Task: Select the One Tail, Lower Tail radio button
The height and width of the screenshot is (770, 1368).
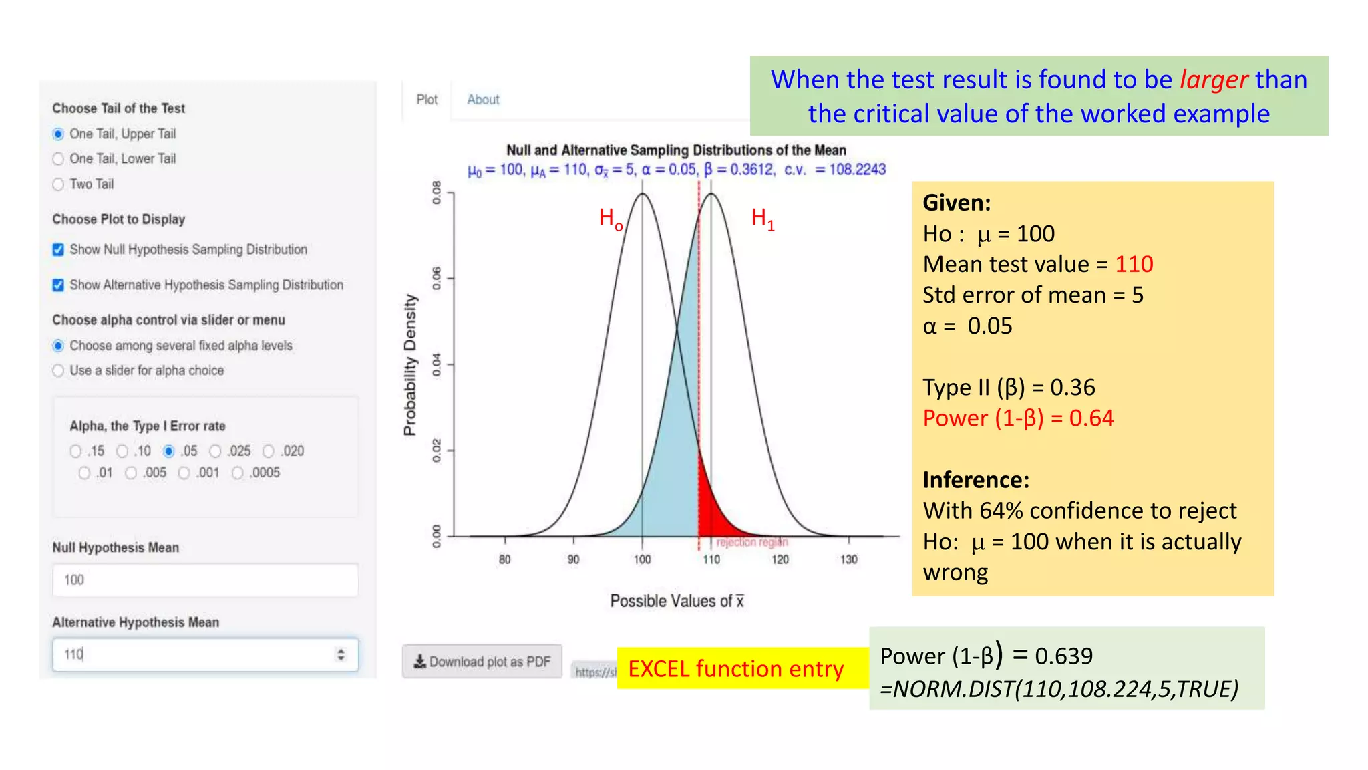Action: click(x=59, y=159)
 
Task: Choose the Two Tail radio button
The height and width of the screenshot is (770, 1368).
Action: click(x=59, y=184)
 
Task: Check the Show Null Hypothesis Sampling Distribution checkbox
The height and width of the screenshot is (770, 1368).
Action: click(x=59, y=249)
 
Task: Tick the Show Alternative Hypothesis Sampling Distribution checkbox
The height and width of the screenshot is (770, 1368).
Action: click(x=59, y=285)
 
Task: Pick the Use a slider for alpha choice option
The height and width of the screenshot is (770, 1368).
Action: click(x=59, y=371)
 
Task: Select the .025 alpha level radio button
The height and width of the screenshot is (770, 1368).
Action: click(x=215, y=452)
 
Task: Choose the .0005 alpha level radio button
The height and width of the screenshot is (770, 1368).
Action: click(x=238, y=473)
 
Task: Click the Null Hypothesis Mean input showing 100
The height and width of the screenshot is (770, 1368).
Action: click(x=205, y=580)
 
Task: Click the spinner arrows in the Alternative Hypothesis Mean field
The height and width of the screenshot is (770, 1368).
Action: click(x=341, y=654)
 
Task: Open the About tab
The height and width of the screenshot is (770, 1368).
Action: click(x=483, y=100)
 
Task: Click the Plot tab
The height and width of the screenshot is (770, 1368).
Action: click(x=427, y=100)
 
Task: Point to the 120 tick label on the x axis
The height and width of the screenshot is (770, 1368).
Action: click(x=780, y=559)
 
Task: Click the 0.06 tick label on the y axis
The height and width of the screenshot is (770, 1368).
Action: click(x=437, y=278)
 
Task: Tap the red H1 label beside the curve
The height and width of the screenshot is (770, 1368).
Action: click(x=762, y=219)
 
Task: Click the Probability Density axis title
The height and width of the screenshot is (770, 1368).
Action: click(x=410, y=365)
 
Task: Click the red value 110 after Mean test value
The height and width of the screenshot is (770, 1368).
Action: click(x=1134, y=265)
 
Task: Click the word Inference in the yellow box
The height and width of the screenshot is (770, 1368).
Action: click(x=975, y=480)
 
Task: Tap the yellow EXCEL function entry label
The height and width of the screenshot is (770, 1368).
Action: click(x=735, y=669)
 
